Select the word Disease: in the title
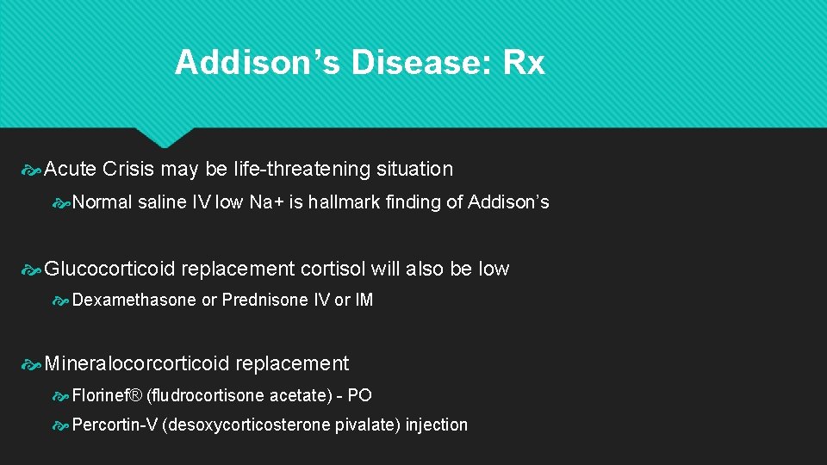tap(410, 63)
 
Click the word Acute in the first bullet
tap(71, 169)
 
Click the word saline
tap(164, 202)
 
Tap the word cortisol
tap(333, 269)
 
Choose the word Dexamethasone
tap(134, 301)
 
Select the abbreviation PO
tap(359, 395)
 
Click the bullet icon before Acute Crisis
tap(32, 170)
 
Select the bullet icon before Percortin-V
tap(61, 425)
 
